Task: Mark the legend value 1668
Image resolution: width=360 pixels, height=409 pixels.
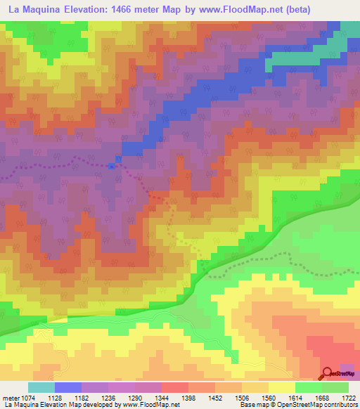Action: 311,398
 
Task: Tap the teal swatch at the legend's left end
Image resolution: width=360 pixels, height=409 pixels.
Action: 41,387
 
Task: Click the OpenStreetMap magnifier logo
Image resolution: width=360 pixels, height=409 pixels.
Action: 328,374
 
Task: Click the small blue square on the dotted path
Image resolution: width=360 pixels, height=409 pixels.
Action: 112,166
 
